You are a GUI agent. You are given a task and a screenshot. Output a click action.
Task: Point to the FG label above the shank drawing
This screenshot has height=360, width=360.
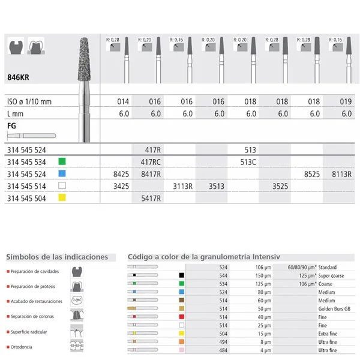tap(11, 127)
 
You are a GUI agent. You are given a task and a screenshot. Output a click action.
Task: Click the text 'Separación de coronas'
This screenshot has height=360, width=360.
tap(34, 316)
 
